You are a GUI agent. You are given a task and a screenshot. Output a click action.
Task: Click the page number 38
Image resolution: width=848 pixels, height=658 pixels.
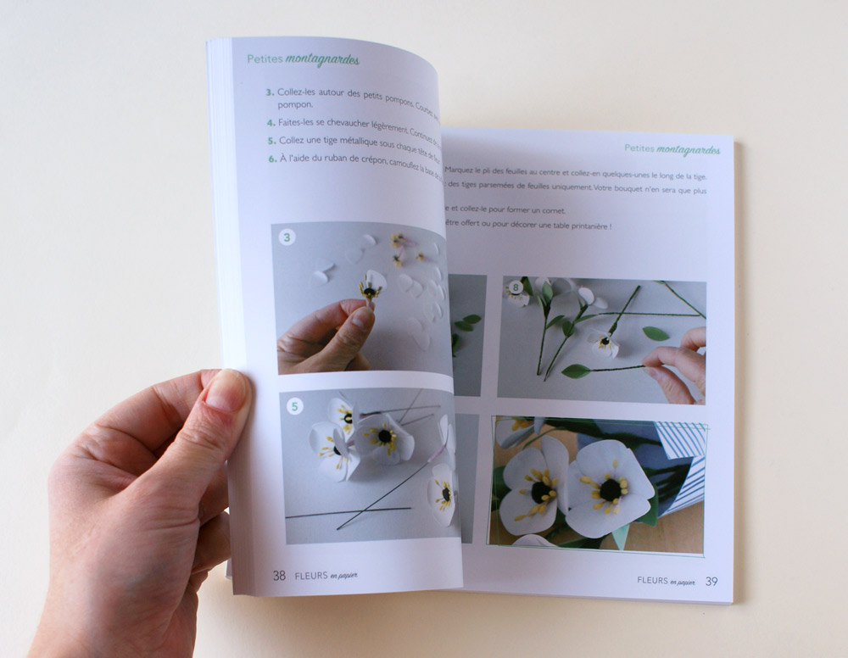tap(279, 575)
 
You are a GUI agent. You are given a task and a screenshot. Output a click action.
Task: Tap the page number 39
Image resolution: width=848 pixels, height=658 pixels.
tap(711, 581)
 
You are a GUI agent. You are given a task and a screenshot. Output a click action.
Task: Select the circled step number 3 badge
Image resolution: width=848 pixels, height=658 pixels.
tap(287, 237)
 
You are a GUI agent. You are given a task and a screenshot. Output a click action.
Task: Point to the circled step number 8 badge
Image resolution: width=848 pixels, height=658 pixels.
tap(514, 288)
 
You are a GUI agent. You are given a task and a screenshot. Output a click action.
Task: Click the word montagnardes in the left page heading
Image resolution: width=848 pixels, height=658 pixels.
tap(322, 60)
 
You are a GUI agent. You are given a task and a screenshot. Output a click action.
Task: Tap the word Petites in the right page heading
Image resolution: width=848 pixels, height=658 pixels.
tap(639, 148)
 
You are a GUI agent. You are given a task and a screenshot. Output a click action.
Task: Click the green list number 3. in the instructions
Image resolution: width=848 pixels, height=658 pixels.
tap(269, 91)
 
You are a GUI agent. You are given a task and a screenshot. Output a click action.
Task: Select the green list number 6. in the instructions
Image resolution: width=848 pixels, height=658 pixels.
tap(272, 158)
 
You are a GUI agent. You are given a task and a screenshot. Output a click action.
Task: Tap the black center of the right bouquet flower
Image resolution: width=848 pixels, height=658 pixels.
tap(611, 489)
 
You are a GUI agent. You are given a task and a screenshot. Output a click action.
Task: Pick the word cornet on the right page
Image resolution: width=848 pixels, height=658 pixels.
tap(550, 210)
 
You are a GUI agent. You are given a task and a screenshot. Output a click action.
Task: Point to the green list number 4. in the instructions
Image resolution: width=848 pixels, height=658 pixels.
tap(270, 122)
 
